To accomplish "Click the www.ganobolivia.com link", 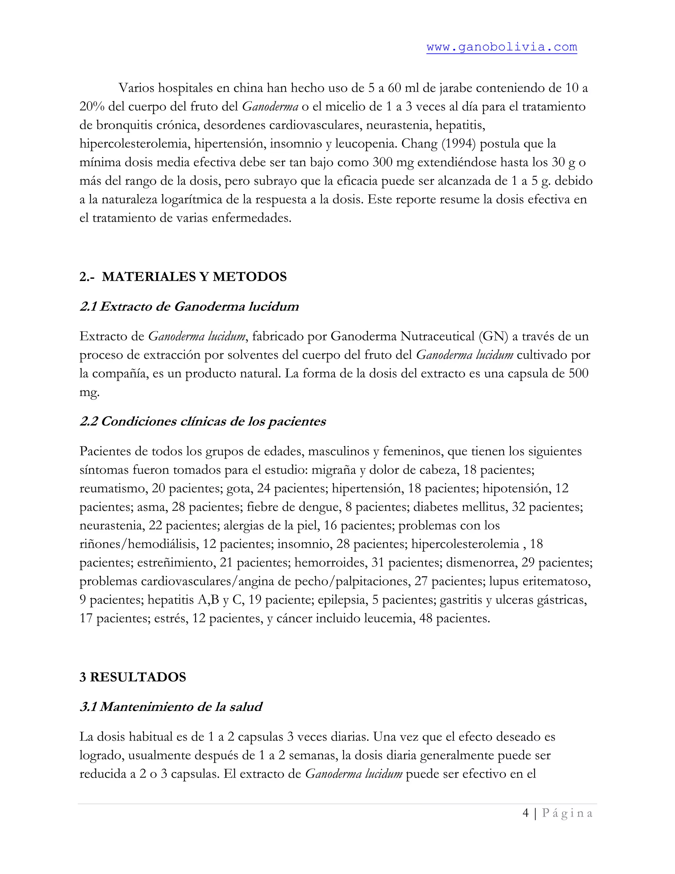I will [501, 47].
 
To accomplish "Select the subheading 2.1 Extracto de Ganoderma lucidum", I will [189, 306].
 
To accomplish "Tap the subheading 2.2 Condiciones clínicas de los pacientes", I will [203, 421].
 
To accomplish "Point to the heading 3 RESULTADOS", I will [133, 677].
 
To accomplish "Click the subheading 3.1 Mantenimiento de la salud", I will [171, 707].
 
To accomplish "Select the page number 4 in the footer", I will [526, 813].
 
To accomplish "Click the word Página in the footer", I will [567, 813].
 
